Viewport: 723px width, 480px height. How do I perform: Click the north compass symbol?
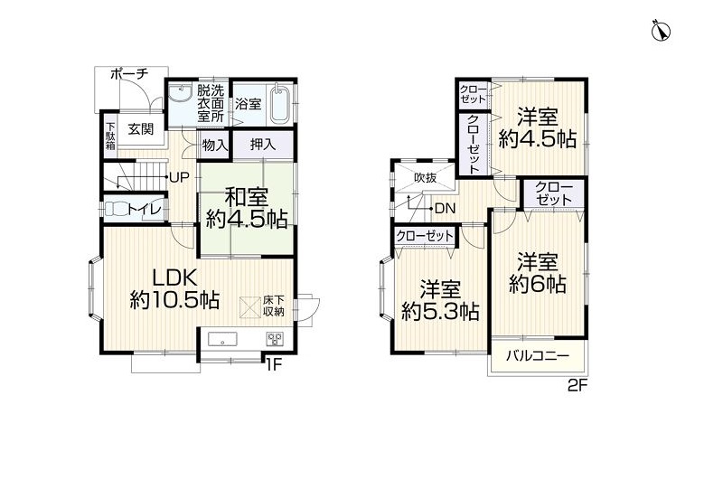pos(661,32)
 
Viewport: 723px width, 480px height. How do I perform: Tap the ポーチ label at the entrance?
pos(130,74)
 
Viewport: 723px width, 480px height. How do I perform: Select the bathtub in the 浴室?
pos(280,103)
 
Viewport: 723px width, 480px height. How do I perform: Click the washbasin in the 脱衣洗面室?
pos(181,94)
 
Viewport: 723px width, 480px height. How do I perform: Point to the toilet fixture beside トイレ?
pos(116,210)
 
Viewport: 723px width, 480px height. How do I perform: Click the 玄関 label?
pos(141,129)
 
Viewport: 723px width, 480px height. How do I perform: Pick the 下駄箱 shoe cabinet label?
pos(110,136)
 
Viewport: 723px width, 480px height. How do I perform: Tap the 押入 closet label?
pos(263,145)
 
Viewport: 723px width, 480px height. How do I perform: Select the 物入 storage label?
pos(215,146)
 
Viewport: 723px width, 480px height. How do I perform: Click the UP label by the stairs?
pos(179,177)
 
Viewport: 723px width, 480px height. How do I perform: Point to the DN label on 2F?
pos(445,209)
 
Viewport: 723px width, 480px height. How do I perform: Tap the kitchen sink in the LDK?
pos(222,339)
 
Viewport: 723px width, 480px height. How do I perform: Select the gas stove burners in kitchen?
pos(276,339)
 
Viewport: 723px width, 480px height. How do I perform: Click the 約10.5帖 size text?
pos(174,301)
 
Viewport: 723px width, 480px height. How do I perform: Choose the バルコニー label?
pos(538,356)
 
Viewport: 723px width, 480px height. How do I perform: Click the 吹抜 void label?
pos(425,177)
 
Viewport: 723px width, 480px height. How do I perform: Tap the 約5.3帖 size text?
pos(440,313)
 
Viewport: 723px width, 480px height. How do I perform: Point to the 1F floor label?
pos(273,364)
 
